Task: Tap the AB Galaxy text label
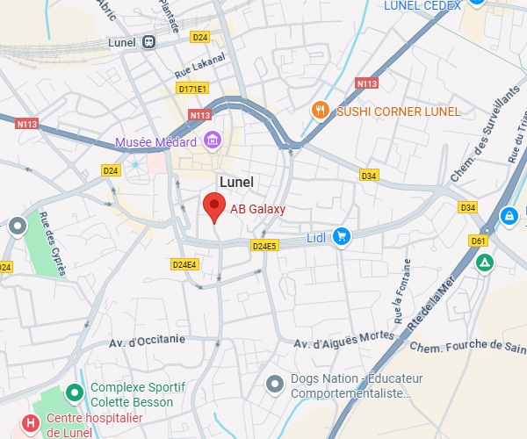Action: (x=257, y=209)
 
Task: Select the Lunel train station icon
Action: (x=150, y=41)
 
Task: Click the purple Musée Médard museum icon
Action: (x=211, y=140)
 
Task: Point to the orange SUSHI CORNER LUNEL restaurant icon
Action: (x=321, y=111)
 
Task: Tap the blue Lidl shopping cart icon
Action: (x=342, y=237)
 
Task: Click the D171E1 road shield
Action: (x=191, y=89)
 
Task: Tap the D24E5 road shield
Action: (x=263, y=247)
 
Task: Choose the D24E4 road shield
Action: (x=184, y=263)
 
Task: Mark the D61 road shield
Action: (x=478, y=240)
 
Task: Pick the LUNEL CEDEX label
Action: (x=422, y=6)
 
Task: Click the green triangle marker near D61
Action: (x=485, y=262)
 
